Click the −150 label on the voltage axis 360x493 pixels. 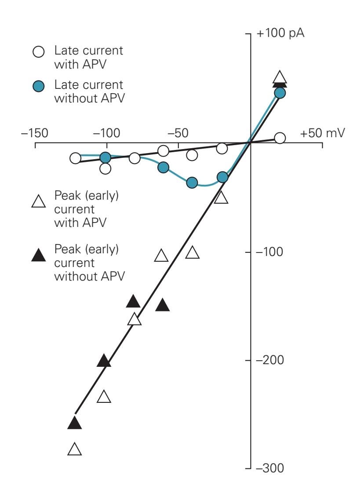pyautogui.click(x=34, y=132)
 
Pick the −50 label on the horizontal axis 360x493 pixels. pyautogui.click(x=178, y=132)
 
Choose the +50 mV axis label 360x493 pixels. pyautogui.click(x=323, y=132)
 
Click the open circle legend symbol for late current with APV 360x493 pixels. pyautogui.click(x=39, y=51)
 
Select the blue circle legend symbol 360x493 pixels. pyautogui.click(x=39, y=86)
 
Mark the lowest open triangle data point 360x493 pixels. pyautogui.click(x=75, y=449)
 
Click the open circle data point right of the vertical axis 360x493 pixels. pyautogui.click(x=280, y=138)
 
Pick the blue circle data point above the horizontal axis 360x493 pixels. pyautogui.click(x=280, y=93)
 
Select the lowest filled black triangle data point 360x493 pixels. pyautogui.click(x=75, y=423)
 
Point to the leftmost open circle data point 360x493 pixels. pyautogui.click(x=76, y=158)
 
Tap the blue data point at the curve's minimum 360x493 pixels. pyautogui.click(x=192, y=183)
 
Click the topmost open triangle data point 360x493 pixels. pyautogui.click(x=280, y=78)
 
